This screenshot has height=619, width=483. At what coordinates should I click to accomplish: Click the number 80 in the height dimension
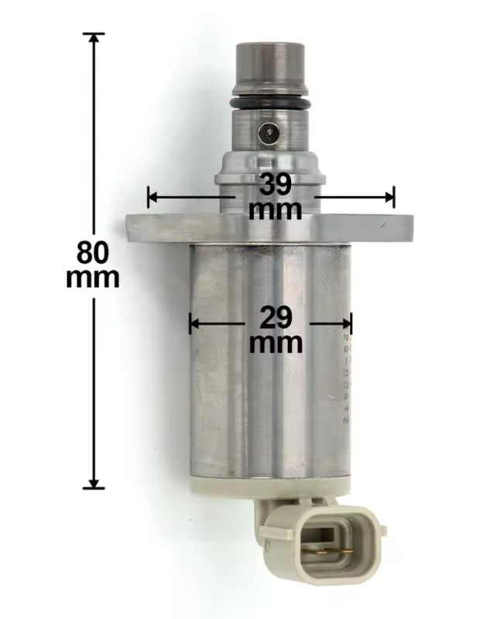93,252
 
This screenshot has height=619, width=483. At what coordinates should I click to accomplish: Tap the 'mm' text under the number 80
93,277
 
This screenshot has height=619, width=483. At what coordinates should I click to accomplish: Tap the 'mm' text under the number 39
276,209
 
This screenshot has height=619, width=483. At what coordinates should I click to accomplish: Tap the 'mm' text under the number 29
276,341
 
